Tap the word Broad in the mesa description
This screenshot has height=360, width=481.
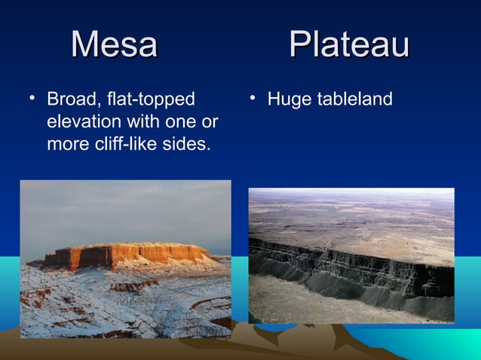[69, 99]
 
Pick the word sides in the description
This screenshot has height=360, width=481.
[189, 143]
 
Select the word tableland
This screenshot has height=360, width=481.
[354, 99]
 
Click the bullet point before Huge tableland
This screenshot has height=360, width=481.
[253, 98]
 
